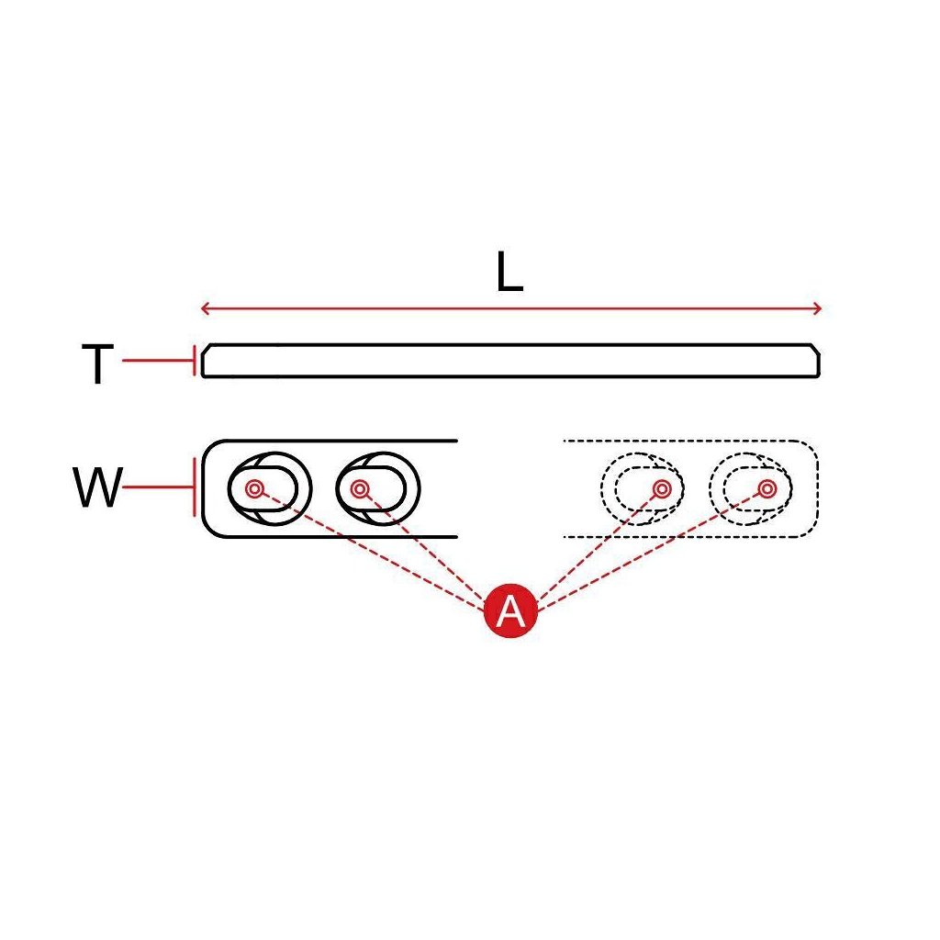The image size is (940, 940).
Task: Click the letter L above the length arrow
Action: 509,273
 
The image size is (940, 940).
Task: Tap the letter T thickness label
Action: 98,364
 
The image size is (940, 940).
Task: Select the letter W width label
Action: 97,488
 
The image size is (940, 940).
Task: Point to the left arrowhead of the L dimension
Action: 205,308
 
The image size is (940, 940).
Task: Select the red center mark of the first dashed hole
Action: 661,487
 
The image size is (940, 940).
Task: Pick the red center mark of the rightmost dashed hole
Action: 767,487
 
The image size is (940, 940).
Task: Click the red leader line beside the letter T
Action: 156,361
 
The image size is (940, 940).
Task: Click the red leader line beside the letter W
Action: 156,487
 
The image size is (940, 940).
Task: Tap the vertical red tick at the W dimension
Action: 194,487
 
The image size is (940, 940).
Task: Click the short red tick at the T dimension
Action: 194,361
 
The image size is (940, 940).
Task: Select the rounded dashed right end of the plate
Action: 813,488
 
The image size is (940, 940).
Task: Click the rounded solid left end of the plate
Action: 205,488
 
